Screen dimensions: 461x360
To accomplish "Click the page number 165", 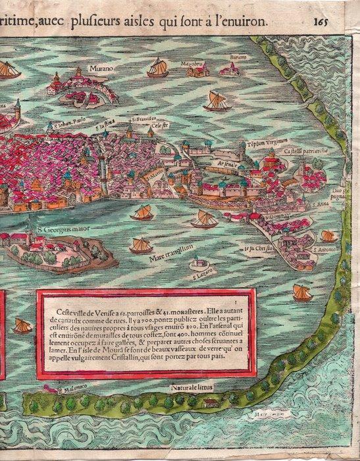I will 340,21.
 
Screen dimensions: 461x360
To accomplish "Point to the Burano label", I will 238,58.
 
